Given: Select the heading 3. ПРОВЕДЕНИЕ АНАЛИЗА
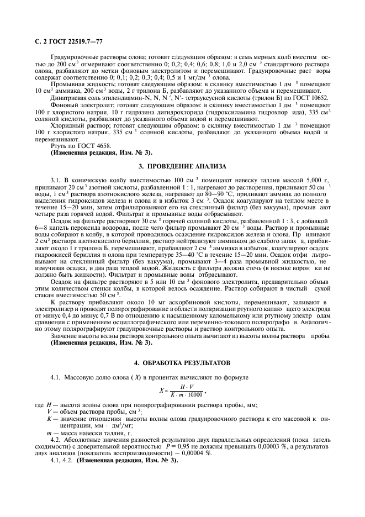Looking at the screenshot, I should pyautogui.click(x=183, y=166).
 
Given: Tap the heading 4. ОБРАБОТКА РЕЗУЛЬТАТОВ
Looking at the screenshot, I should pyautogui.click(x=183, y=362).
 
